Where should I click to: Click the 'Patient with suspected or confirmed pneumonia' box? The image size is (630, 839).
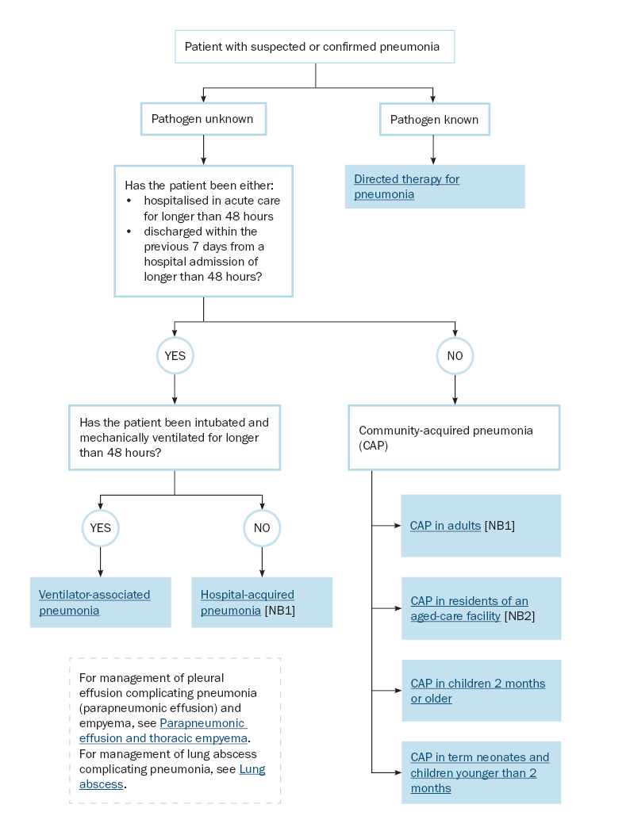click(315, 47)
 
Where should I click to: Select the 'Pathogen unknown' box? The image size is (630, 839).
click(203, 119)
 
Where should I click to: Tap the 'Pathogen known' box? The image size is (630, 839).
click(435, 119)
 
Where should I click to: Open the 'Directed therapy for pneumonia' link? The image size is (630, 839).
click(406, 186)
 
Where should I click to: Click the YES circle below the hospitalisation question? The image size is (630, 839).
click(175, 356)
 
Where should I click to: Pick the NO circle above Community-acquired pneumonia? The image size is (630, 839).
click(455, 356)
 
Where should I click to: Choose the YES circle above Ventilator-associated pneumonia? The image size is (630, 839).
click(101, 528)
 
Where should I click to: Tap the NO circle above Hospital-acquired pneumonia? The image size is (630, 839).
click(262, 528)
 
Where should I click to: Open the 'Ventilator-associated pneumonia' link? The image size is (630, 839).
click(94, 603)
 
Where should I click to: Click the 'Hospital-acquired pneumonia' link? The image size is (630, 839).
click(248, 603)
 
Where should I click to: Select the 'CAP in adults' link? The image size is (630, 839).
click(445, 526)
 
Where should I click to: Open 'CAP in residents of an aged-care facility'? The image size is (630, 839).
click(469, 608)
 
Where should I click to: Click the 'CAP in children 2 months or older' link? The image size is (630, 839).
click(478, 691)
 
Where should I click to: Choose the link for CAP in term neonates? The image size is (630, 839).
click(479, 772)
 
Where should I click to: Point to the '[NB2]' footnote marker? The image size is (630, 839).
click(519, 616)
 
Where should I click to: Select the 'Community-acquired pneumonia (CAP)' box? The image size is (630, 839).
click(454, 438)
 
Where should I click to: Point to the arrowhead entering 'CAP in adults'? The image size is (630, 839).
click(398, 526)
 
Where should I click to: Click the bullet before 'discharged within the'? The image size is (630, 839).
click(129, 232)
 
